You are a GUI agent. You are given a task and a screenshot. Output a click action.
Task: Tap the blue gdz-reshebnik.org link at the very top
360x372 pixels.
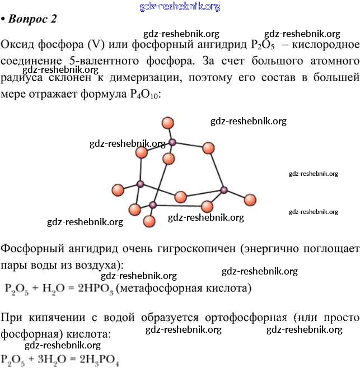click(180, 6)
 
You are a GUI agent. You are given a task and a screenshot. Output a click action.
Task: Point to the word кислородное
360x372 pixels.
click(325, 44)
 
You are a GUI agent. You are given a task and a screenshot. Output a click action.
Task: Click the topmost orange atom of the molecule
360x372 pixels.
click(167, 123)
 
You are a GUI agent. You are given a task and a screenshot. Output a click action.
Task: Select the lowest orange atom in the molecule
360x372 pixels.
click(149, 221)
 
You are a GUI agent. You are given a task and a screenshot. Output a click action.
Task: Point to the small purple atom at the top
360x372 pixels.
click(172, 142)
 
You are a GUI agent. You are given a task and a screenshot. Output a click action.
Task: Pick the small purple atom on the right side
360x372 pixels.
click(224, 190)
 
